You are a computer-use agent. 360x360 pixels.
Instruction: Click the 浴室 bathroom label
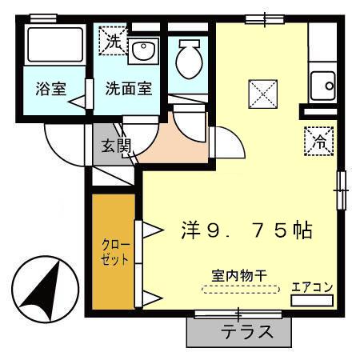tap(50, 89)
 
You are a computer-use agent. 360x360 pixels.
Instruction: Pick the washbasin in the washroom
tap(145, 53)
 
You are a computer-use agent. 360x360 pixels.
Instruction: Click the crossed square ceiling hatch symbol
tap(261, 94)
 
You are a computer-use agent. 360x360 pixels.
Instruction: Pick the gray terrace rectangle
tap(240, 330)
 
